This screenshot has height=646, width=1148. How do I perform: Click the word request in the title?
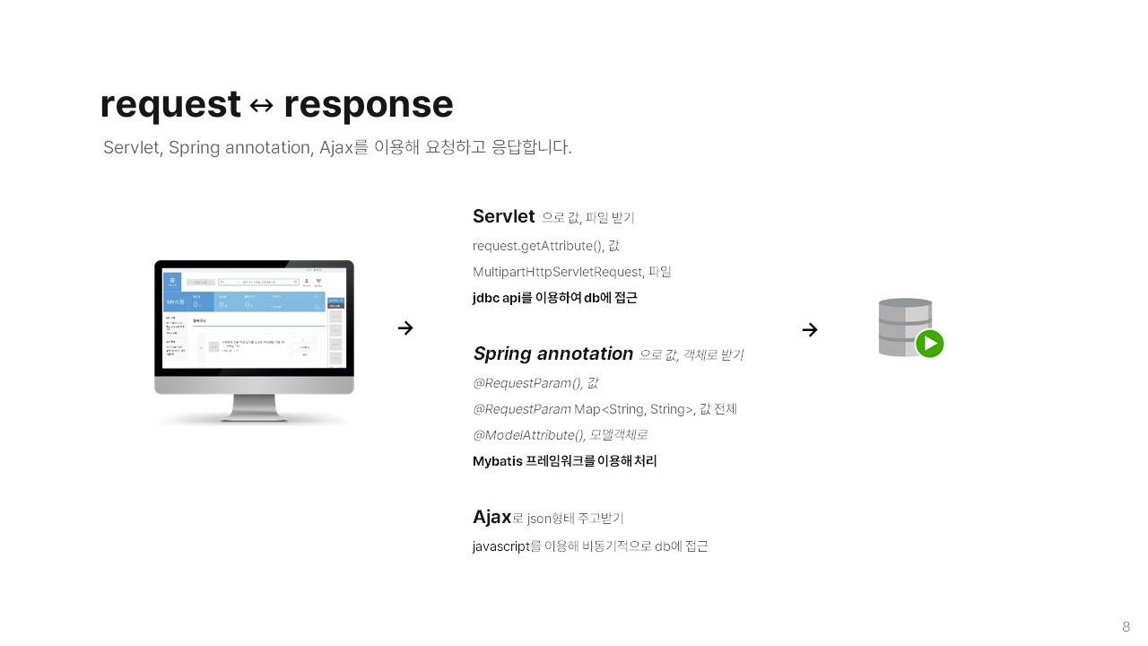[170, 105]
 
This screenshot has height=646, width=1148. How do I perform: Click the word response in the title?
[368, 105]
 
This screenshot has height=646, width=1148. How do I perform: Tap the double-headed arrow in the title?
[261, 106]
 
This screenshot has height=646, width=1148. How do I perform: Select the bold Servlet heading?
[503, 216]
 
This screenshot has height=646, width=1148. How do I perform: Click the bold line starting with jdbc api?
[554, 298]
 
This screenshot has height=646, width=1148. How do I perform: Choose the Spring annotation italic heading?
[552, 354]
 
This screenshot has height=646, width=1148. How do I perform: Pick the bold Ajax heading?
[491, 517]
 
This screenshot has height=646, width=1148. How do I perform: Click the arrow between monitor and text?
[405, 328]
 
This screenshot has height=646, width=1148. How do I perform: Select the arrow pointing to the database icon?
[810, 329]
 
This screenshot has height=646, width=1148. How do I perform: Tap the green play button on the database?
[930, 344]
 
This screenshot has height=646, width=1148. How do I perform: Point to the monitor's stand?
[254, 408]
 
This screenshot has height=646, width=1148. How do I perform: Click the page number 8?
[1126, 626]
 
